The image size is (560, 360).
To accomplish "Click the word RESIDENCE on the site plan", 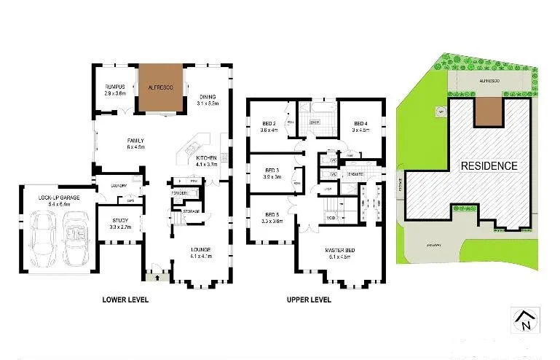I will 489,165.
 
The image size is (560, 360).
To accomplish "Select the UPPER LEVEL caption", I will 308,300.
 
